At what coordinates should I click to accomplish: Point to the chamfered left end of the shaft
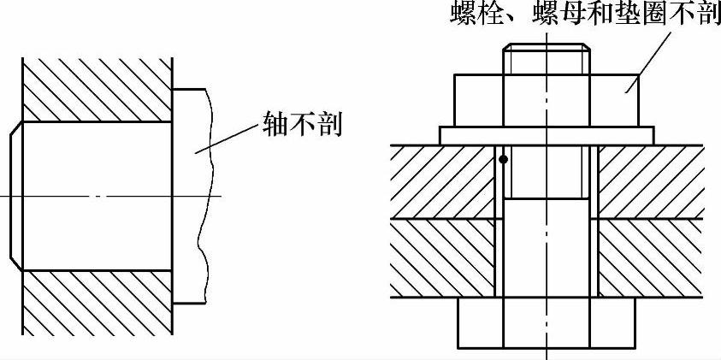pos(16,195)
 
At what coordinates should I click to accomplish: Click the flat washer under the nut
pos(547,135)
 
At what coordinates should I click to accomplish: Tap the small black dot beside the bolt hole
pos(503,159)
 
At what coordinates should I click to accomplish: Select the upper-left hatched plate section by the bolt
pos(442,181)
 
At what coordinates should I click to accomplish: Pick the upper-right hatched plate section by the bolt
pos(650,181)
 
